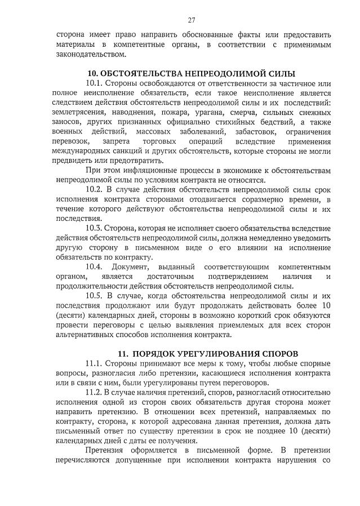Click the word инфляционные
[149, 170]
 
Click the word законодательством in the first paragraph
[90, 54]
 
